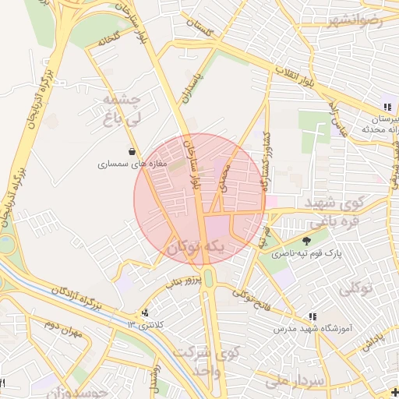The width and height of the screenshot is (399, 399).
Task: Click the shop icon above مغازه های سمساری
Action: pyautogui.click(x=131, y=151)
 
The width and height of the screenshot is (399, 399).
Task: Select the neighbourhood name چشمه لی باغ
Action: pyautogui.click(x=120, y=110)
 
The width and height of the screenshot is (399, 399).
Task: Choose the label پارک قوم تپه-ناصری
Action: pyautogui.click(x=307, y=254)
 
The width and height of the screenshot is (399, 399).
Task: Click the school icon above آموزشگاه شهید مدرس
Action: pyautogui.click(x=312, y=316)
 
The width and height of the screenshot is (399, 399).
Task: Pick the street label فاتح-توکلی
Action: pyautogui.click(x=252, y=295)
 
